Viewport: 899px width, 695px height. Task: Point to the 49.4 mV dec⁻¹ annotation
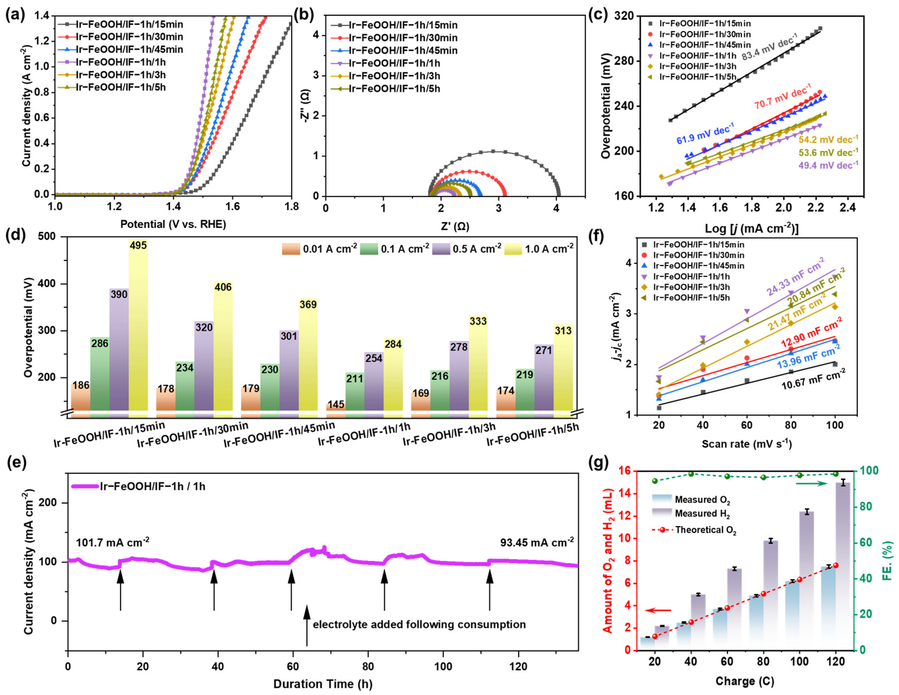pos(828,166)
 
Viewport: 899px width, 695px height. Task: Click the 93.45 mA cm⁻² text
pos(537,542)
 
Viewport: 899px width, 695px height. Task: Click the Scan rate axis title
pos(747,444)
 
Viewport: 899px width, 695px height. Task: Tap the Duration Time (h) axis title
pos(323,684)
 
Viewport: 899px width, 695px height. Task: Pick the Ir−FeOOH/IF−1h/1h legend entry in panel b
pos(394,64)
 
